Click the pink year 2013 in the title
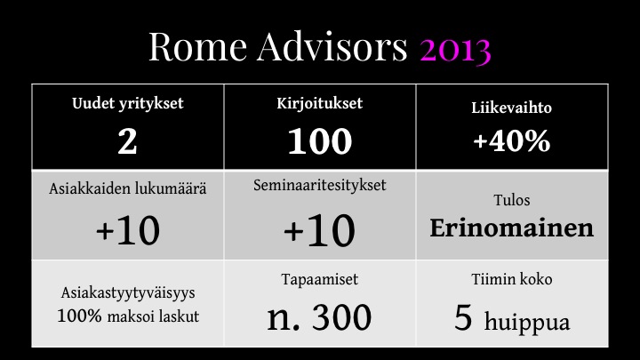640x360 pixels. [455, 48]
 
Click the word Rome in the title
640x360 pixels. [197, 46]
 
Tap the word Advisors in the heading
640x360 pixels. [332, 46]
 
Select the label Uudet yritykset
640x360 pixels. [128, 104]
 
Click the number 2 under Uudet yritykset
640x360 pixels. [127, 141]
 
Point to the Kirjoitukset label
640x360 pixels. [320, 104]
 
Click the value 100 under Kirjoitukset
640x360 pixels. [320, 141]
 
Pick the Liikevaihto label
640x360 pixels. [511, 108]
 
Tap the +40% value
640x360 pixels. [512, 140]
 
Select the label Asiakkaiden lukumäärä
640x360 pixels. [128, 189]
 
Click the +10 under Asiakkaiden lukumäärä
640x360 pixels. [128, 230]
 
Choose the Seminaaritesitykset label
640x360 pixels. [320, 186]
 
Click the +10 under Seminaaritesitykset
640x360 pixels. [320, 230]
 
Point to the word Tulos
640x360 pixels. [512, 200]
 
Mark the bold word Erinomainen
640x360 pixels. [511, 228]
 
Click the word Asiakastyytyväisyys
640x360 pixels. [128, 293]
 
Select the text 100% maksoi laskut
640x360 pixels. [128, 316]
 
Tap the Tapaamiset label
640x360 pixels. [320, 280]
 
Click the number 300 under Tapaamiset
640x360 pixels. [342, 317]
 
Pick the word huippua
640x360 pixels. [527, 324]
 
